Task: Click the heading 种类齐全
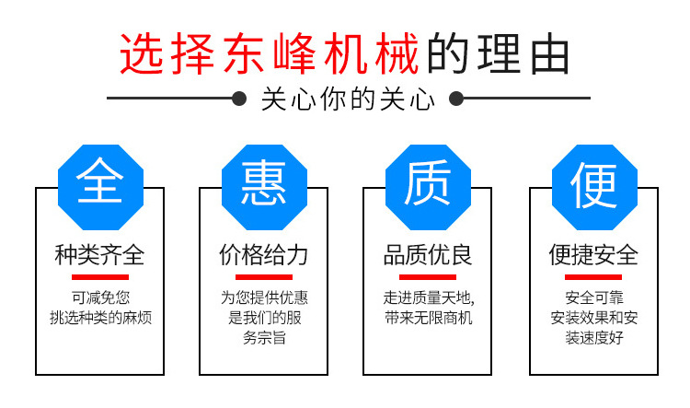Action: (99, 254)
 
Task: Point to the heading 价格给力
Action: (263, 254)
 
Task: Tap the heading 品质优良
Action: (428, 254)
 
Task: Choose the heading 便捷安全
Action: (593, 254)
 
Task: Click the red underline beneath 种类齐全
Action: (99, 276)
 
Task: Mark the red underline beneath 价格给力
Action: (263, 276)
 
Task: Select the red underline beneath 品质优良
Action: (428, 276)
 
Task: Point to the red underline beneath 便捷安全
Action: (593, 276)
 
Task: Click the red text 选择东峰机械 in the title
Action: (270, 53)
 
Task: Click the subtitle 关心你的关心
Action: (347, 98)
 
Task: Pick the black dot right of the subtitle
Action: (455, 98)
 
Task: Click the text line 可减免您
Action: (99, 298)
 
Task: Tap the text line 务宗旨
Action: (263, 339)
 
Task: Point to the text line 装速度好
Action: (593, 339)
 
